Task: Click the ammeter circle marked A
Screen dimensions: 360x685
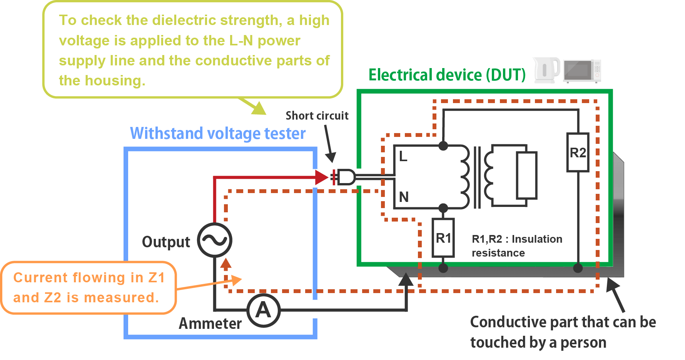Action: [x=263, y=310]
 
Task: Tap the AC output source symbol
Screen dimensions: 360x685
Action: [x=215, y=240]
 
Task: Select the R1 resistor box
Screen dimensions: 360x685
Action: [x=443, y=238]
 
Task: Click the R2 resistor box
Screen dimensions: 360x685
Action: [x=578, y=152]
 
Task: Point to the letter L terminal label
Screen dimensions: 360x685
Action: [x=403, y=157]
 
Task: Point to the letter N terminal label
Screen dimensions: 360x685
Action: [x=404, y=197]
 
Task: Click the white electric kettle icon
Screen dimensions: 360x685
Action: [x=546, y=70]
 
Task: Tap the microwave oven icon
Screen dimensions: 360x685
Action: [x=582, y=71]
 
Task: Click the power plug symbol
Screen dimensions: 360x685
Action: [x=345, y=177]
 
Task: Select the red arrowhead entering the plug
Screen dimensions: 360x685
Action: [x=321, y=177]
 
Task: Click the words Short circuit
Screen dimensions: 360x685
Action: [x=317, y=116]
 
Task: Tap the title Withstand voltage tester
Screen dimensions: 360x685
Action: [x=218, y=133]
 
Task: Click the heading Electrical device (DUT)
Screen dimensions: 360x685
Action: [x=447, y=75]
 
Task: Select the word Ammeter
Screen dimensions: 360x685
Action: [x=210, y=323]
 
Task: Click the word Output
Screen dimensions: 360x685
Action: [x=166, y=242]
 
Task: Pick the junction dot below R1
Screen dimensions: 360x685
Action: [x=443, y=268]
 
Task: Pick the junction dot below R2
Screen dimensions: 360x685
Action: [x=578, y=268]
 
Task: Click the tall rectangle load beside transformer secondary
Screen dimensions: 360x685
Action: [x=526, y=175]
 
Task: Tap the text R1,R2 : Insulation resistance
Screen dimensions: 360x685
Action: [x=516, y=246]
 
